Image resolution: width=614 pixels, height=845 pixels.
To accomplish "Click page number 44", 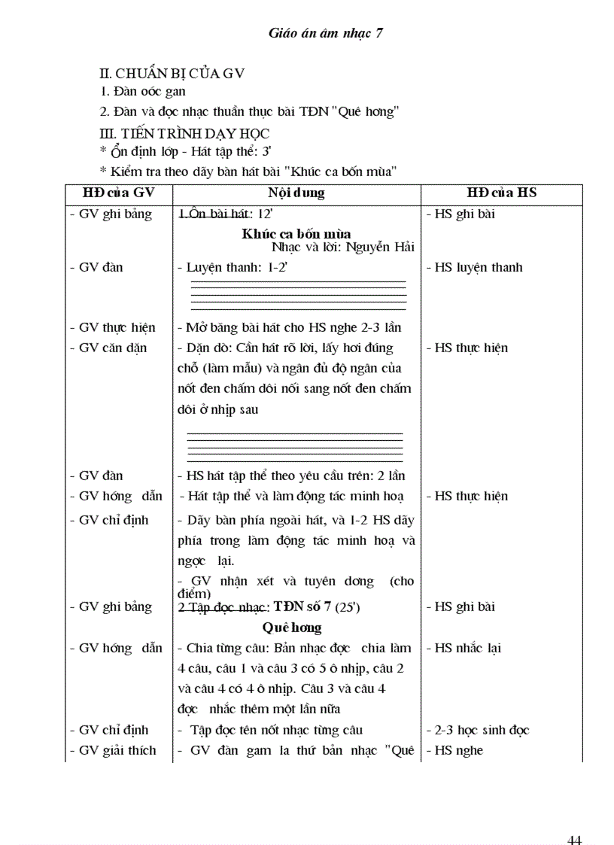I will pos(575,819).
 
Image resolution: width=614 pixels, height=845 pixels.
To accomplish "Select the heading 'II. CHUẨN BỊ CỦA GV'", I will pos(172,73).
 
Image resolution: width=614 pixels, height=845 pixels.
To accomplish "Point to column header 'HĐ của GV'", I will pos(118,193).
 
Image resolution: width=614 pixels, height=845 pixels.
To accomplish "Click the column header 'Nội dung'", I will pos(296,193).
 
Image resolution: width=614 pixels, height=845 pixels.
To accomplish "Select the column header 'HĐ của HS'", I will pos(501,193).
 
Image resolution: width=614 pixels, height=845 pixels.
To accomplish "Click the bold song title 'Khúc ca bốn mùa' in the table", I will pos(296,233).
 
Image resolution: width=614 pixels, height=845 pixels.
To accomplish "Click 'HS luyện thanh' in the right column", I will pos(478,267).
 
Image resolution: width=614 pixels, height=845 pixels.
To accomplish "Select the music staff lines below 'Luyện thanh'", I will pos(298,295).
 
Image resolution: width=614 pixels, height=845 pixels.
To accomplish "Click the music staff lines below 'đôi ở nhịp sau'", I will pos(294,447).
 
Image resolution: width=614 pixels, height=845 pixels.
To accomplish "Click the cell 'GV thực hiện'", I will pos(117,327).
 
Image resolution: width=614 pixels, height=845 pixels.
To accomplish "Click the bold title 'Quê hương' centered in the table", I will pos(292,627).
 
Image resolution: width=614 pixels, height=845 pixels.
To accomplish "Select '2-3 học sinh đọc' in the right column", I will pos(482,730).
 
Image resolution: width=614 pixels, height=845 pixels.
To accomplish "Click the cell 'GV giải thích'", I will pos(117,750).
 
